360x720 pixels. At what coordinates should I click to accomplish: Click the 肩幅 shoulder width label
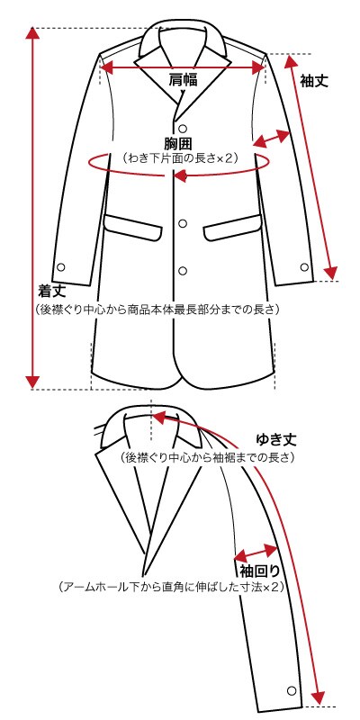click(184, 80)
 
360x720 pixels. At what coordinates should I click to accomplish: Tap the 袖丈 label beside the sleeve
click(314, 81)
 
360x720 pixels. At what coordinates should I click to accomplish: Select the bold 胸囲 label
click(177, 143)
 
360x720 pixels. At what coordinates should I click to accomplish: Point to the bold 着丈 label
click(52, 291)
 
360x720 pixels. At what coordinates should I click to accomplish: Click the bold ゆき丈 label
click(276, 440)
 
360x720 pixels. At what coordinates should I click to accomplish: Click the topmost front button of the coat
click(183, 128)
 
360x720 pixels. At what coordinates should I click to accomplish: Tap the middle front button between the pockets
click(183, 223)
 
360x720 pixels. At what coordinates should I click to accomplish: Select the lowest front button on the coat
click(183, 271)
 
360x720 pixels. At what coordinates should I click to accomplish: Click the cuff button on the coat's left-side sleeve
click(61, 266)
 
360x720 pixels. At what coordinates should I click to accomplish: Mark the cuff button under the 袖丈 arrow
click(304, 266)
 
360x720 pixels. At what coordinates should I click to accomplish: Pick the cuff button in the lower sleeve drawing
click(291, 690)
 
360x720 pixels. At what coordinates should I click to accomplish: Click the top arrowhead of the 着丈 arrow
click(32, 33)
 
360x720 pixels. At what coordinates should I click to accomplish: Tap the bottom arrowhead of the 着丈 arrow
click(32, 382)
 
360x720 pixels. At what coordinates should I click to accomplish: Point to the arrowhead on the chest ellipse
click(179, 175)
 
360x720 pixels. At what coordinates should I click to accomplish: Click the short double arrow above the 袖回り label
click(256, 552)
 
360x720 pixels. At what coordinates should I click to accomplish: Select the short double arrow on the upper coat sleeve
click(272, 139)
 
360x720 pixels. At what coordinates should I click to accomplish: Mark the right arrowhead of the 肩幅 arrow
click(259, 67)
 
